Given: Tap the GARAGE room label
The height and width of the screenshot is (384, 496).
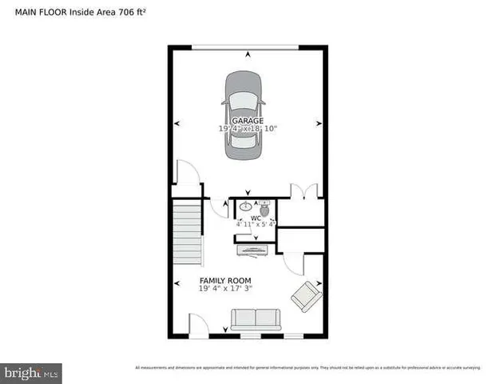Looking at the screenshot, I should click(248, 121).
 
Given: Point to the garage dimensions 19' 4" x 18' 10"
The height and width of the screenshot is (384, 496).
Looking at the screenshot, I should click(248, 128).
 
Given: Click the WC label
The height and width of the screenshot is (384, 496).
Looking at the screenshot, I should click(256, 218).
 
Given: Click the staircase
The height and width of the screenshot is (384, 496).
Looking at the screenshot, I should click(187, 232).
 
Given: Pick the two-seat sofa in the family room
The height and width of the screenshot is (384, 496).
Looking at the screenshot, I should click(256, 321).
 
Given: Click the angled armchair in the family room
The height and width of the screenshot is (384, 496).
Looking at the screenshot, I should click(305, 298).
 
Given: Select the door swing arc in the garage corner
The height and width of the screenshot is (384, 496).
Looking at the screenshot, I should click(185, 173).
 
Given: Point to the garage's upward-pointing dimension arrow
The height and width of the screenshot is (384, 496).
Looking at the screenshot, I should click(248, 54).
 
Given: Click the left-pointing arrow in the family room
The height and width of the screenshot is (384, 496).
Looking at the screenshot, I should click(177, 282).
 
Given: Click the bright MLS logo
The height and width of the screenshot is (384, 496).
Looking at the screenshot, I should click(31, 373).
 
